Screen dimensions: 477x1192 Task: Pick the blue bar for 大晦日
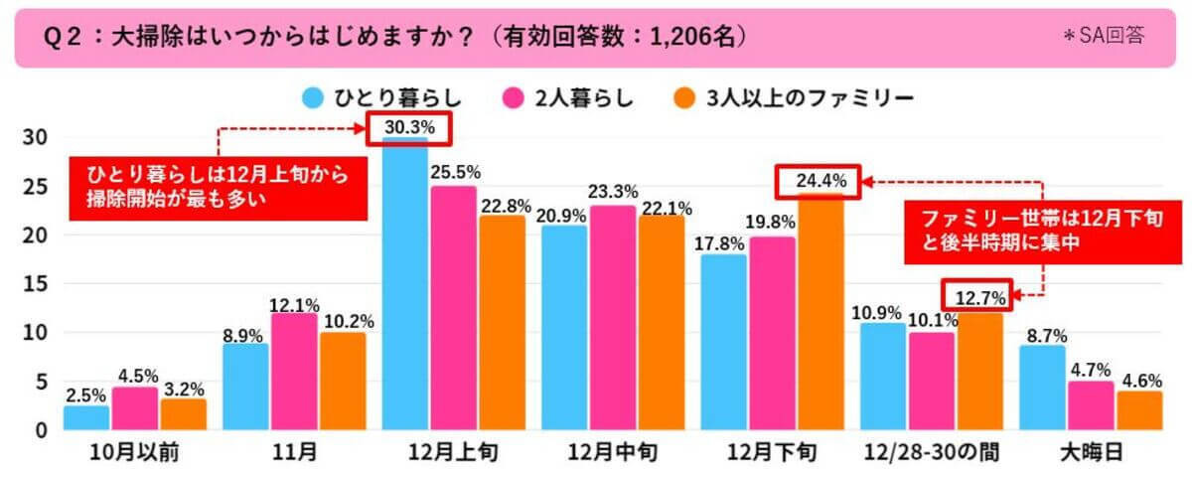click(1041, 388)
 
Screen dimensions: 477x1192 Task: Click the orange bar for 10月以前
click(183, 414)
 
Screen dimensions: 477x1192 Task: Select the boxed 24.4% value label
click(819, 181)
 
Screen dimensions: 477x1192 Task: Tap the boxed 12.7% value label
click(978, 294)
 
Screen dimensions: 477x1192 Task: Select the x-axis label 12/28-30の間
click(931, 453)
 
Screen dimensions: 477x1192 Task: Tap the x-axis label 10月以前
click(135, 453)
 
